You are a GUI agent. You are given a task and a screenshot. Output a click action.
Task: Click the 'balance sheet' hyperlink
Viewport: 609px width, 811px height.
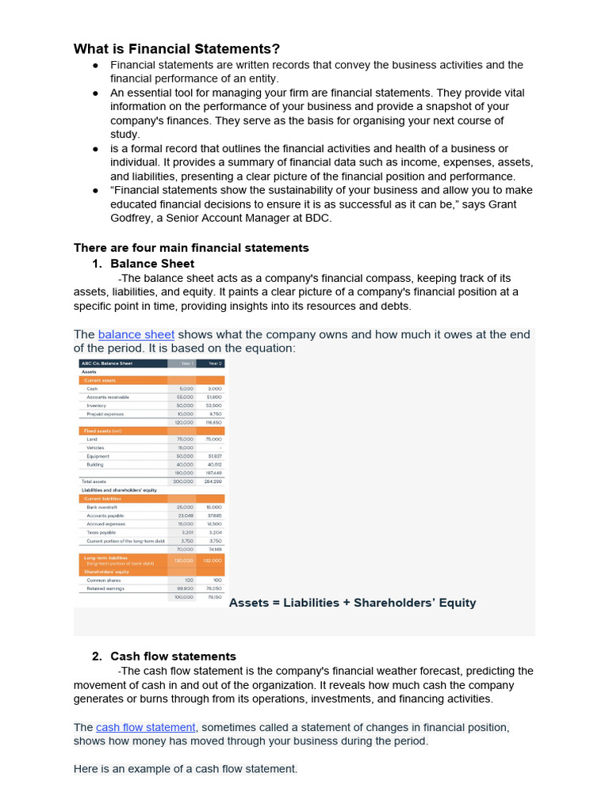tap(136, 335)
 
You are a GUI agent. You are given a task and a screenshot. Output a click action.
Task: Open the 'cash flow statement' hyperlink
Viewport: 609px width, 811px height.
tap(145, 727)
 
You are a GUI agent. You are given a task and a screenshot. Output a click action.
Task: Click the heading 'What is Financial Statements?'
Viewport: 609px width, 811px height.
tap(177, 49)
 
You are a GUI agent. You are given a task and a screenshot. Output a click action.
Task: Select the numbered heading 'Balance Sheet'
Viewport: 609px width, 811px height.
tap(152, 264)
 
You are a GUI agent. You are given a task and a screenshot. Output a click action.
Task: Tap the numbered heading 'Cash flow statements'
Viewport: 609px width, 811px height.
tap(173, 657)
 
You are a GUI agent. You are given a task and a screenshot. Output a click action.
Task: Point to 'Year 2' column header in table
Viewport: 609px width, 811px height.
tap(214, 364)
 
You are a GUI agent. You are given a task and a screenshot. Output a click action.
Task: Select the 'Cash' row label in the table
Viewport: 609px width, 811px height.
tap(93, 389)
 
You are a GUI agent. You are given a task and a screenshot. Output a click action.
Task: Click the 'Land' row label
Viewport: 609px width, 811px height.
tap(93, 439)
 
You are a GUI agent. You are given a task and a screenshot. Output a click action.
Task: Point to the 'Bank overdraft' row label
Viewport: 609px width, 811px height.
tap(102, 507)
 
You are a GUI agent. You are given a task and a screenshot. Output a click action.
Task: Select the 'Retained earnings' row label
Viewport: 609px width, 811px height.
tap(105, 588)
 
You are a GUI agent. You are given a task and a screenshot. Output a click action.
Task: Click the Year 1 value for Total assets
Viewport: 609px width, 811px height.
tap(184, 481)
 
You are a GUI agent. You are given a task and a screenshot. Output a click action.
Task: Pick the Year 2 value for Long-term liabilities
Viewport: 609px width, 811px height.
tap(213, 560)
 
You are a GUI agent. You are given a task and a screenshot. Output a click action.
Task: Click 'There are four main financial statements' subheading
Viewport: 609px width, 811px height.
tap(191, 248)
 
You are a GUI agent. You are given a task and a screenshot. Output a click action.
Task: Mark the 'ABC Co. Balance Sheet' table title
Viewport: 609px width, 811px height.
tap(106, 364)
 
